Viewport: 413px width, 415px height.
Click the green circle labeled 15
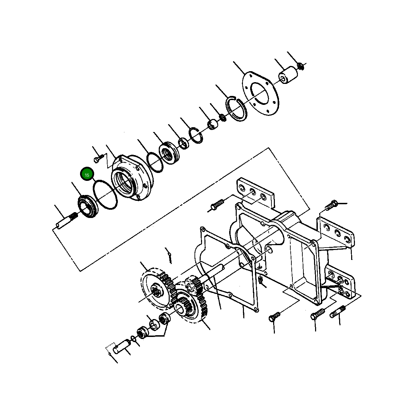click(x=87, y=175)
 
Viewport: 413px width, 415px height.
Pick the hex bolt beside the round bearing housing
click(x=99, y=159)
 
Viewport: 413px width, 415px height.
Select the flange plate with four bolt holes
click(x=261, y=93)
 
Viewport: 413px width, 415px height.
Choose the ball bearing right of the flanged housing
click(x=168, y=152)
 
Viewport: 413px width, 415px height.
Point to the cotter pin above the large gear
click(x=169, y=255)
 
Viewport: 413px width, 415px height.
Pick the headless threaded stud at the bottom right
click(x=337, y=312)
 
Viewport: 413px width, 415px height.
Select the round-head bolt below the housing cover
click(x=274, y=316)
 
